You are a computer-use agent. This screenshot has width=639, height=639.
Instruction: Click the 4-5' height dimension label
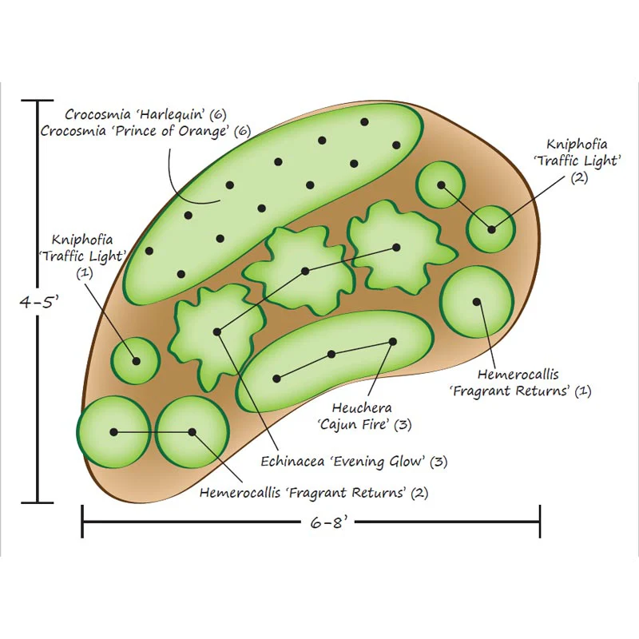point(39,302)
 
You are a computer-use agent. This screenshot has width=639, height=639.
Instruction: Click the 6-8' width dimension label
point(327,522)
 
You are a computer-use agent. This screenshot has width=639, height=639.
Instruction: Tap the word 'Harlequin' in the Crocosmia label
point(171,114)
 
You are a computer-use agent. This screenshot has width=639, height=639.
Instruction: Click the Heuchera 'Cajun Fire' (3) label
point(364,416)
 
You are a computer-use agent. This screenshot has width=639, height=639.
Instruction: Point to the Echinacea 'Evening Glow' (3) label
point(354,462)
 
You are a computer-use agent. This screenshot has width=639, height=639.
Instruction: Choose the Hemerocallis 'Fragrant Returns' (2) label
point(314,493)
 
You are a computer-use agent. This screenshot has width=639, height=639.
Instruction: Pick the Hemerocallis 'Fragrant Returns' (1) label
point(520,383)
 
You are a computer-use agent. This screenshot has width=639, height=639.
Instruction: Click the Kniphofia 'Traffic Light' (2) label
point(577,161)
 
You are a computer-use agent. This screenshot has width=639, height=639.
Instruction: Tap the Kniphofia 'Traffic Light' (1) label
point(83,256)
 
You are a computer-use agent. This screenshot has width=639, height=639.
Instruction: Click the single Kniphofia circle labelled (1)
point(136,361)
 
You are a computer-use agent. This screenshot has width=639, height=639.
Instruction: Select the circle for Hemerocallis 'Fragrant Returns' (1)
point(477,302)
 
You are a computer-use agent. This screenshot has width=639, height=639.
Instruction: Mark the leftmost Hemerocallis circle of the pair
point(113,432)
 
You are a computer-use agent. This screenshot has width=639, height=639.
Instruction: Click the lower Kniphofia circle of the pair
point(491,229)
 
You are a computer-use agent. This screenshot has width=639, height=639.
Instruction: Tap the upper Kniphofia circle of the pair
point(441,185)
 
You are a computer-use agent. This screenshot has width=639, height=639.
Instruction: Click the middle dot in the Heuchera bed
point(331,355)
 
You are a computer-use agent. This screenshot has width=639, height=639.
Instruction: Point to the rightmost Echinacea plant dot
point(396,248)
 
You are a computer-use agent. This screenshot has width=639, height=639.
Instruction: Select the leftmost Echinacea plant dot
point(217,332)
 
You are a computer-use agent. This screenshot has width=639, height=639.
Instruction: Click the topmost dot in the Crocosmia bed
point(365,122)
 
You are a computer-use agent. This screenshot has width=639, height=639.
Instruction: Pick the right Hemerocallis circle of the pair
point(192,432)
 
